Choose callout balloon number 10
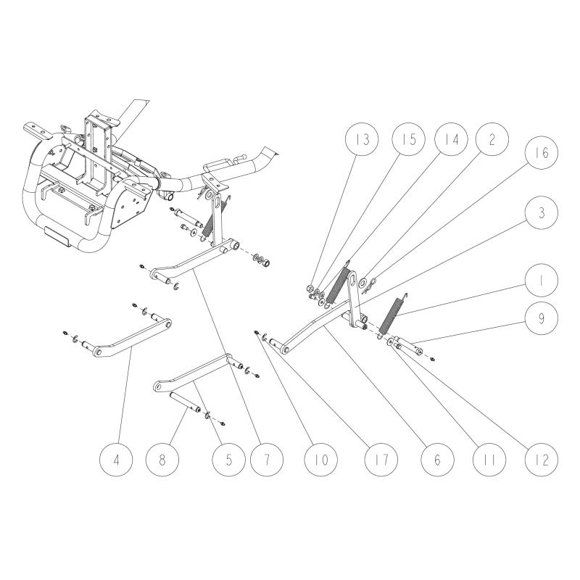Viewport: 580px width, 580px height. pos(322,458)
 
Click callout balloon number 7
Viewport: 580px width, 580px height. pos(264,458)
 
